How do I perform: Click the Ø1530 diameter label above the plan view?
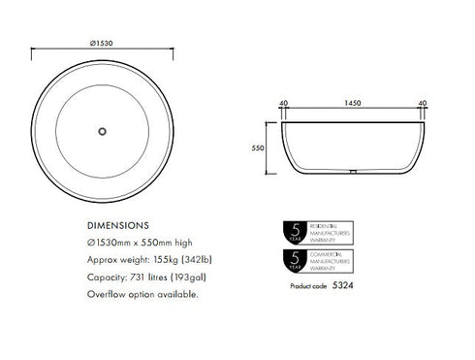[104, 43]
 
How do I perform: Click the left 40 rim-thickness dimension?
[285, 101]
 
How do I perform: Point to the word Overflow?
[104, 294]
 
